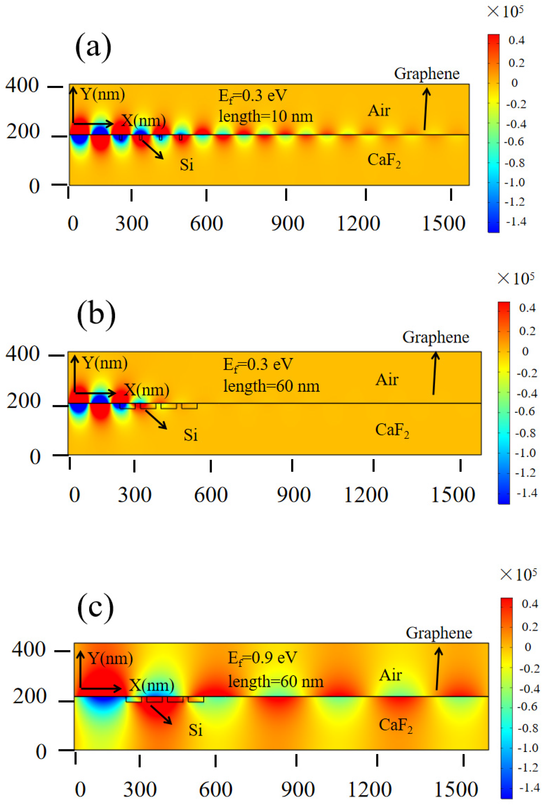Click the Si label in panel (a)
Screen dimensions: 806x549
tap(186, 165)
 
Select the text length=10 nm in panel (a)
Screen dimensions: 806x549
tap(265, 116)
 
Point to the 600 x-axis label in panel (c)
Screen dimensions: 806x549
tap(215, 789)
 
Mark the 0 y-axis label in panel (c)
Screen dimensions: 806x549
tap(41, 752)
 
